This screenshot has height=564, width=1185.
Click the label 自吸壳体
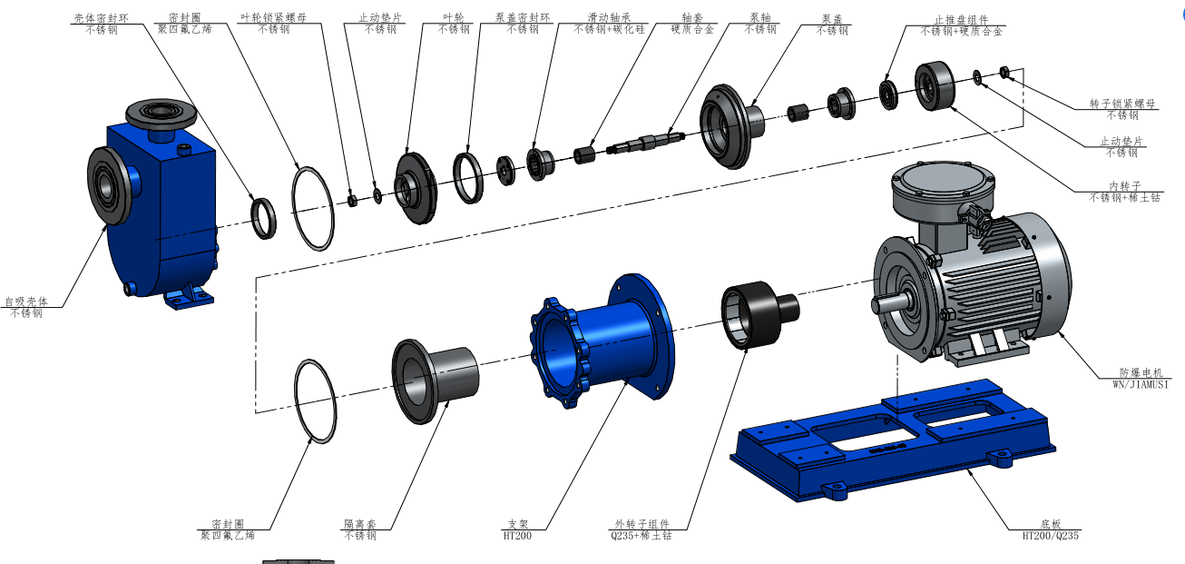pos(26,302)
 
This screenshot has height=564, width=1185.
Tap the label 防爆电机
pos(1141,373)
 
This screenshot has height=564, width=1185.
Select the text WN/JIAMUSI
pos(1141,385)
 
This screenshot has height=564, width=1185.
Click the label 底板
pos(1051,524)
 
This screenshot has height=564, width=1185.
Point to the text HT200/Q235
pos(1051,536)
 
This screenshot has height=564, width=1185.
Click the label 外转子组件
pos(641,524)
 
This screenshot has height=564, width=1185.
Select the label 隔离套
pos(360,524)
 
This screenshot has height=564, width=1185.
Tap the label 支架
pos(518,524)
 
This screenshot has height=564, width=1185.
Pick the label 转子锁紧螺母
pos(1122,104)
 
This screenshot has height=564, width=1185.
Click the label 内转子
pos(1125,186)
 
